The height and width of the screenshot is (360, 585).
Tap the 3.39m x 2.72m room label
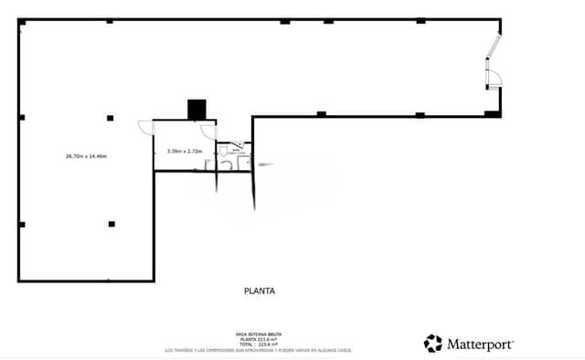pos(185,151)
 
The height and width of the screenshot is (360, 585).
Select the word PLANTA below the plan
pos(260,291)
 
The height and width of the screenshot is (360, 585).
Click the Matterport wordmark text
pos(480,344)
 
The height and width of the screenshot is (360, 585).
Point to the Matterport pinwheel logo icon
pos(432,344)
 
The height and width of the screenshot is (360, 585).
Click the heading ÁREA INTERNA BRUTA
pos(260,334)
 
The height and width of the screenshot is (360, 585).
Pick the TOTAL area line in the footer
pos(260,344)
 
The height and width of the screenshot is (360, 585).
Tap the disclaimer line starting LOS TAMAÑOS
pos(260,350)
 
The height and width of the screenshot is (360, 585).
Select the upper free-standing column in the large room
pos(110,117)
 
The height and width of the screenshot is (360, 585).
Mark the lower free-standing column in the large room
pos(112,224)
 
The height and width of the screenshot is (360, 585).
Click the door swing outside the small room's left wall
pos(144,128)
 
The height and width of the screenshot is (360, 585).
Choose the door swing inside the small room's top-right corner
pos(208,130)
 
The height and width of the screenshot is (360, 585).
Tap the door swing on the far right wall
pos(493,79)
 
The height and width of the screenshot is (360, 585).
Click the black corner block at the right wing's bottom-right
pos(493,112)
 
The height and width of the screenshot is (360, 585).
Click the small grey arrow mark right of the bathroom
pos(264,164)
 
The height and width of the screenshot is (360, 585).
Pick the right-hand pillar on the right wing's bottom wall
pos(420,114)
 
